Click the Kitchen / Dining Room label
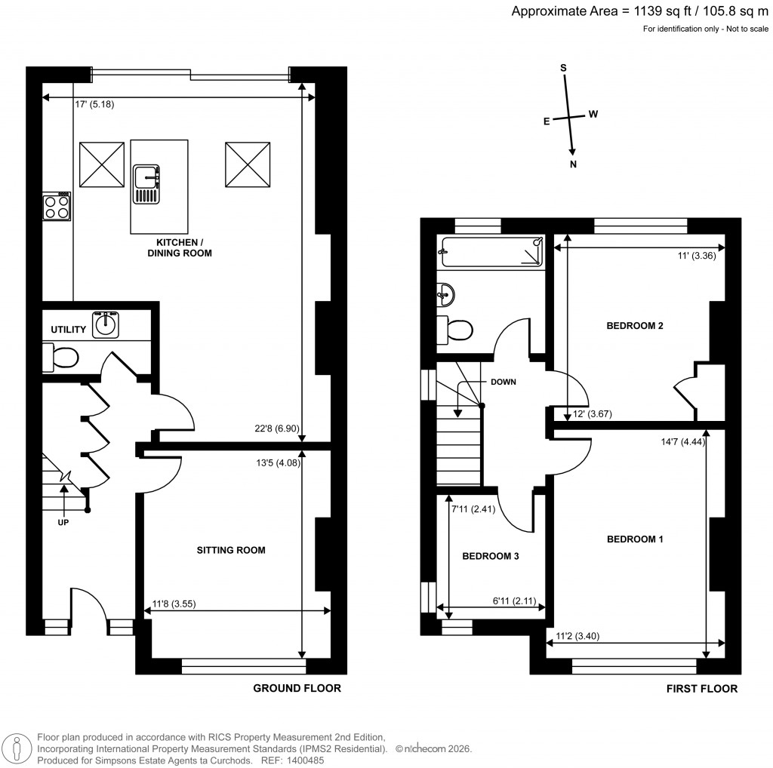pos(183,247)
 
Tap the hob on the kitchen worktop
pos(58,206)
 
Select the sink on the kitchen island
pos(146,184)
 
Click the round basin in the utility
pos(106,325)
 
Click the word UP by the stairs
pos(63,522)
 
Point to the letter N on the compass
pos(573,164)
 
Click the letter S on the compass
pos(562,67)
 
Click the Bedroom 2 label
pos(635,326)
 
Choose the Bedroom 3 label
pos(490,556)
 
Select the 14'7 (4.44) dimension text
pos(682,443)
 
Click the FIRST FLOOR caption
pos(701,688)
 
